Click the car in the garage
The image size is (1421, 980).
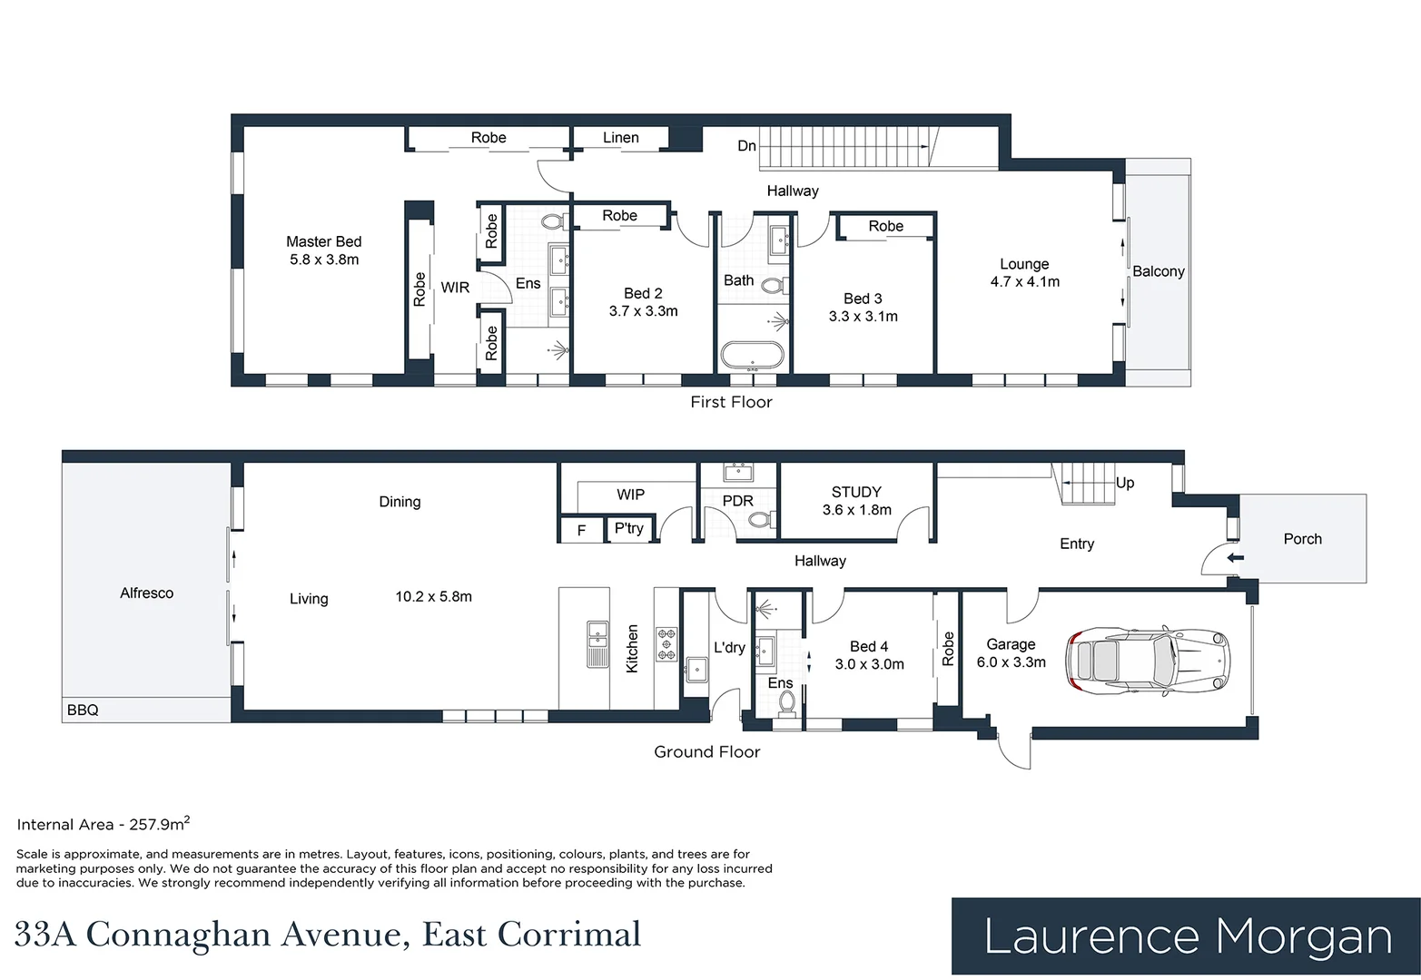pos(1149,661)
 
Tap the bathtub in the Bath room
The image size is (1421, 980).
pos(753,357)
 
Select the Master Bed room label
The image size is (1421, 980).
pos(323,241)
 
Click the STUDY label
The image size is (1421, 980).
pos(856,492)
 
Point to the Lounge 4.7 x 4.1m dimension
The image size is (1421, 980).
pos(1025,281)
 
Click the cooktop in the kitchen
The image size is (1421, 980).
pos(666,644)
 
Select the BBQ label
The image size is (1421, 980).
pos(83,710)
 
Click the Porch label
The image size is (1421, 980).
pos(1302,539)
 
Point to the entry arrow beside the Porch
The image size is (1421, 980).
pos(1235,558)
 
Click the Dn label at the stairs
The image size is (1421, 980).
pos(746,146)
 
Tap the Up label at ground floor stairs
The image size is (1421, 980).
pos(1125,483)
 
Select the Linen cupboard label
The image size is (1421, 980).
pos(620,138)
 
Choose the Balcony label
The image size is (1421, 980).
pos(1159,271)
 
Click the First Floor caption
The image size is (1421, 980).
pos(731,402)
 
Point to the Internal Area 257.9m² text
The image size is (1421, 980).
pos(104,823)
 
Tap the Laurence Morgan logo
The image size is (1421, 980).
pos(1186,936)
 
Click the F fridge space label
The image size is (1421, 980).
pos(581,531)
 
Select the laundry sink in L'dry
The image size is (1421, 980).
pos(696,670)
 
